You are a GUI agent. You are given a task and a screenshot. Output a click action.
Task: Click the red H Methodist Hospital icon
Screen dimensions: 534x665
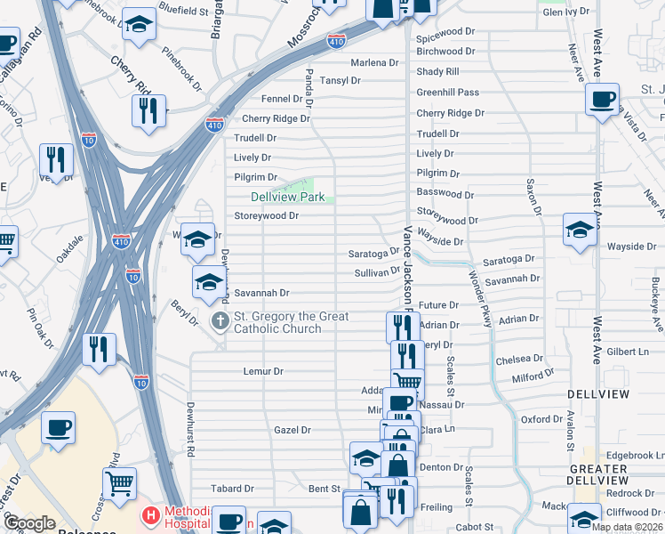click(151, 514)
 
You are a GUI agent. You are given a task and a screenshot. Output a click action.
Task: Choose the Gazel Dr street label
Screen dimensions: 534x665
click(292, 430)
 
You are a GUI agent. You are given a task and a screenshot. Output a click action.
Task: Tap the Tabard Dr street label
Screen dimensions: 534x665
click(232, 489)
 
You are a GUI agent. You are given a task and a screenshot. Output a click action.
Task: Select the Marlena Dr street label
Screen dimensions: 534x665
click(374, 63)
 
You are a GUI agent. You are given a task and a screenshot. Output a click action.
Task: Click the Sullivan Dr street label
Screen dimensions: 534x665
click(378, 272)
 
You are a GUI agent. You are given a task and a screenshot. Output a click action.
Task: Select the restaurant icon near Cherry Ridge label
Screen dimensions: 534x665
click(148, 109)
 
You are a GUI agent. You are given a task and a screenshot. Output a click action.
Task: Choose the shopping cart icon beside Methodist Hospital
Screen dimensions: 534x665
click(119, 483)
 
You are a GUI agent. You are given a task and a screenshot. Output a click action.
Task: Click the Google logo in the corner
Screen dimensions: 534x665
click(30, 523)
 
